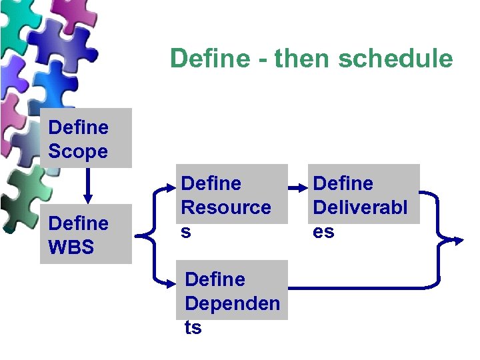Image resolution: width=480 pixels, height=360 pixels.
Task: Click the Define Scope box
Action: coord(85,138)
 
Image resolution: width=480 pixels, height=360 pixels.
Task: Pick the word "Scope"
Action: coord(78,151)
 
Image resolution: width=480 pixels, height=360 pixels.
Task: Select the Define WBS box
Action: coord(85,234)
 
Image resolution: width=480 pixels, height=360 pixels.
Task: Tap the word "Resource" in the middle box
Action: coord(226,207)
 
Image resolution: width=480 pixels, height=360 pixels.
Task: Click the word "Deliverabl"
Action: coord(360,207)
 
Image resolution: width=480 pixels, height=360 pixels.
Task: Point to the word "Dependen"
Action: coord(232,303)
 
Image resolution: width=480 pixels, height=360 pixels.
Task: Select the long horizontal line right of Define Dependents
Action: coord(360,287)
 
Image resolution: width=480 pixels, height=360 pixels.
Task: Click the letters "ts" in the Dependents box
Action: coord(193,328)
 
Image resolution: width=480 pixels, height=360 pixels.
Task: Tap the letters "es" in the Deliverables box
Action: coord(323,232)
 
